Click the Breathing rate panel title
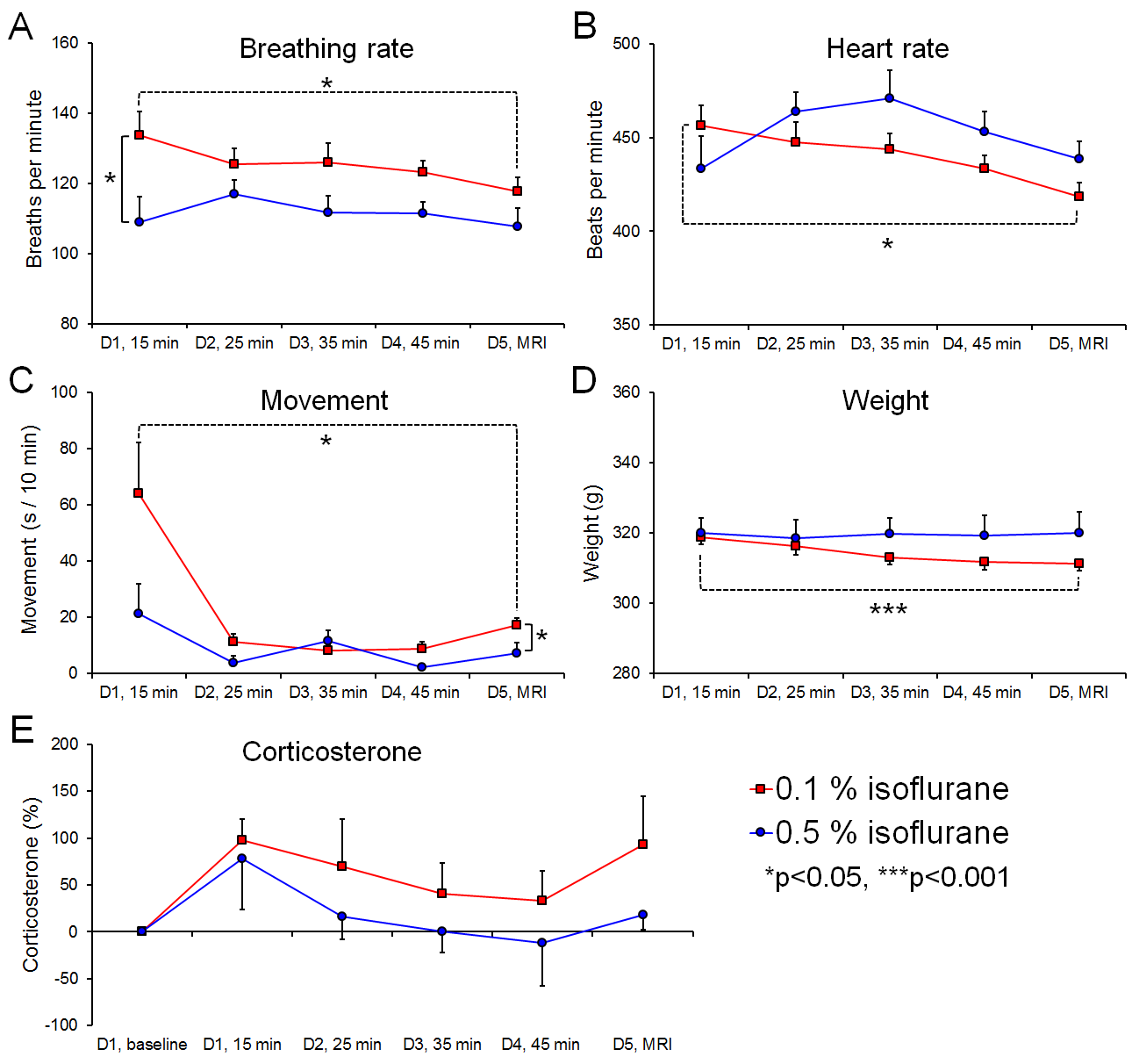(x=326, y=48)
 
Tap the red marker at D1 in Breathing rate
(x=139, y=134)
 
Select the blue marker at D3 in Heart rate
(x=889, y=98)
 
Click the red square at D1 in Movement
(x=139, y=493)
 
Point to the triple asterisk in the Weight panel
(x=888, y=609)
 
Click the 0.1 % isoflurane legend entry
(x=881, y=788)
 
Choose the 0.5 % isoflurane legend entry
(x=881, y=832)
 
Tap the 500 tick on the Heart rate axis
(x=627, y=44)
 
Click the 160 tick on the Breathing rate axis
(x=65, y=43)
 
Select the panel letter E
(x=22, y=730)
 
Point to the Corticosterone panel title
(x=332, y=751)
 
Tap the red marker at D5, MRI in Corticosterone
(x=643, y=845)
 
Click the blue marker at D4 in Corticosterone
(x=542, y=943)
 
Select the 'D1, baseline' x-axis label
(x=142, y=1044)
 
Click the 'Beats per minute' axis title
(x=596, y=180)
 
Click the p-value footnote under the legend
(x=886, y=877)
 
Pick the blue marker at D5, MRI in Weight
(x=1078, y=533)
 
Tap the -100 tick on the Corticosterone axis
(x=61, y=1024)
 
